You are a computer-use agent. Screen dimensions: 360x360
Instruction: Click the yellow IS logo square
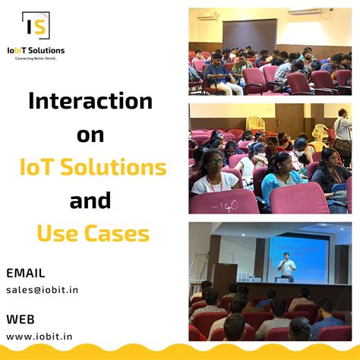[x=36, y=27]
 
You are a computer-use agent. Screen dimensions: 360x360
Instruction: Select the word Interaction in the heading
[x=90, y=102]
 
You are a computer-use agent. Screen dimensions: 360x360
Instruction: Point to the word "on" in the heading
[x=90, y=135]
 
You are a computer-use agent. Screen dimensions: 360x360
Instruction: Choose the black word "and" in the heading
[x=90, y=201]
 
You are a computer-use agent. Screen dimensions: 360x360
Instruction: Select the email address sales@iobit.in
[x=42, y=289]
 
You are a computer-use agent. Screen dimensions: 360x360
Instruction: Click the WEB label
[x=20, y=318]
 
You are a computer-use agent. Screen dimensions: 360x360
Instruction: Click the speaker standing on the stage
[x=286, y=266]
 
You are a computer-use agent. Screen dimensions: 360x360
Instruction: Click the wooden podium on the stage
[x=226, y=276]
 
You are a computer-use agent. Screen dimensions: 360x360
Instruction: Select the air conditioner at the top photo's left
[x=207, y=14]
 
